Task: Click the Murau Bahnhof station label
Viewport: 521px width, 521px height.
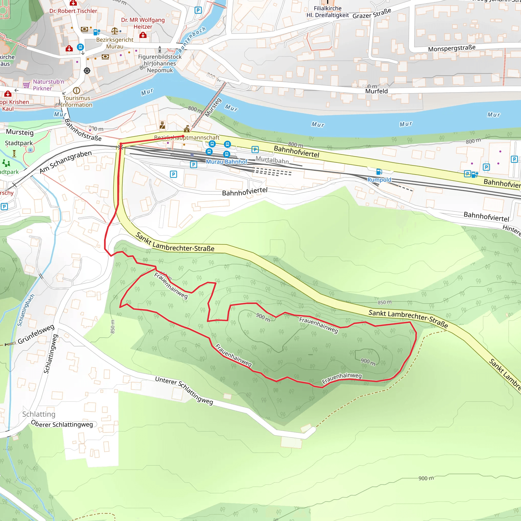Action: [x=226, y=162]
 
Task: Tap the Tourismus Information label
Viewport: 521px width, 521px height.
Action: [x=76, y=102]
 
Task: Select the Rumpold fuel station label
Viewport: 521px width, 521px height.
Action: [x=379, y=180]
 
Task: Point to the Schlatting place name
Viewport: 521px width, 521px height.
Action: [x=39, y=414]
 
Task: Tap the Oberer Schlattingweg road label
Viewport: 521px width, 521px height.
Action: [x=62, y=424]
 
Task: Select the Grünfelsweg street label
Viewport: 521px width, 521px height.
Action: [x=36, y=334]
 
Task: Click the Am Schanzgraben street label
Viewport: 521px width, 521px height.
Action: [x=66, y=162]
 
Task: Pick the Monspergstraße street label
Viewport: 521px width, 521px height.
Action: [x=452, y=48]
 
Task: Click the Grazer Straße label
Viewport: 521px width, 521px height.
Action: [x=372, y=13]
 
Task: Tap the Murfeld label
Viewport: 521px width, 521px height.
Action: [x=376, y=91]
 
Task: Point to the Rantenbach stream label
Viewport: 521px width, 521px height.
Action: [x=192, y=39]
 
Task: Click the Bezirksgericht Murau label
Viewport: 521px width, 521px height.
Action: [x=115, y=43]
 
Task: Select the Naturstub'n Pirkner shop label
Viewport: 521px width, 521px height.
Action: [x=48, y=85]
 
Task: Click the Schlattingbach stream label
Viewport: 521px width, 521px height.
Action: [x=26, y=310]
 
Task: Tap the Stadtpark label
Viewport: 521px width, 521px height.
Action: [x=19, y=143]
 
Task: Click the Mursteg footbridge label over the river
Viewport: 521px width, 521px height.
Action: [x=213, y=107]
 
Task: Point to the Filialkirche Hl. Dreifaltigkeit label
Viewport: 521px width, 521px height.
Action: [x=327, y=12]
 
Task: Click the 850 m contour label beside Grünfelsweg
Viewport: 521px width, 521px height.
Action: [x=112, y=326]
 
